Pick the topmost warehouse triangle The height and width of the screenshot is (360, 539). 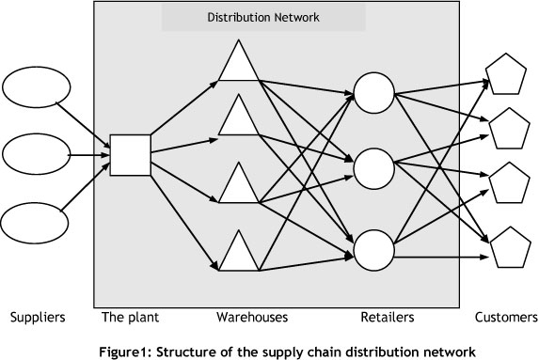pyautogui.click(x=235, y=64)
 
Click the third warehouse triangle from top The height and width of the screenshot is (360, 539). pyautogui.click(x=235, y=184)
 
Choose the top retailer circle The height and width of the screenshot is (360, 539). pyautogui.click(x=373, y=91)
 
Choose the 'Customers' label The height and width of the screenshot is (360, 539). pyautogui.click(x=506, y=317)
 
